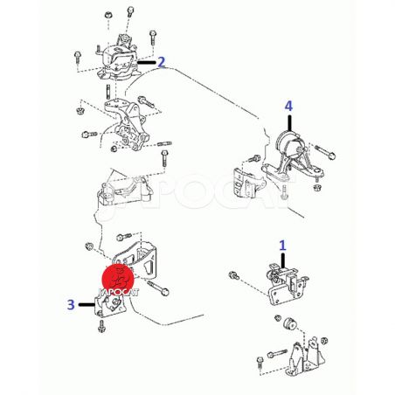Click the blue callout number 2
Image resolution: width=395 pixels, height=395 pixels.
coord(162,62)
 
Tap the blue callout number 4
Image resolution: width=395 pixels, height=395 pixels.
coord(288,107)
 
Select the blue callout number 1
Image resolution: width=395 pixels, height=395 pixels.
coord(282,246)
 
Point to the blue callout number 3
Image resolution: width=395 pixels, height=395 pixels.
coord(71,305)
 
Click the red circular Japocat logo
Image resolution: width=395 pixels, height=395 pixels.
coord(118,279)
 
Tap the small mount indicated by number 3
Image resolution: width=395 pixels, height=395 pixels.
coord(110,307)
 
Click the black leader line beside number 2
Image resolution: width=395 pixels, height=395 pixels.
coord(147,62)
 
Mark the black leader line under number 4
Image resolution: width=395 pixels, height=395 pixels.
coord(289,123)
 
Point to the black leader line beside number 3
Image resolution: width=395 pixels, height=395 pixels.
coord(87,305)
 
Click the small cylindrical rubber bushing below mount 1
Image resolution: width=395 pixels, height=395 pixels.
coord(290,323)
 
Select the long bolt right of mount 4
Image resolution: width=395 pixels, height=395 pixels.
coord(325,152)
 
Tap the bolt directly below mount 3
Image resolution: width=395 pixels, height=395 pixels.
coord(101,326)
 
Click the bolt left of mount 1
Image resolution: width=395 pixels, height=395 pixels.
coord(234,275)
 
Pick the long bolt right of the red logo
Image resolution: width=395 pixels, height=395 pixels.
coord(158,288)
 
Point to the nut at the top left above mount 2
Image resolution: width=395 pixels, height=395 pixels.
coord(108,15)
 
